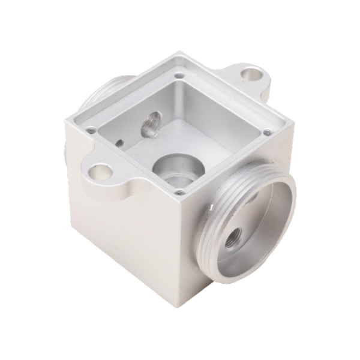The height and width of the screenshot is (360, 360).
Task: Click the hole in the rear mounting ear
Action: [x=250, y=76]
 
